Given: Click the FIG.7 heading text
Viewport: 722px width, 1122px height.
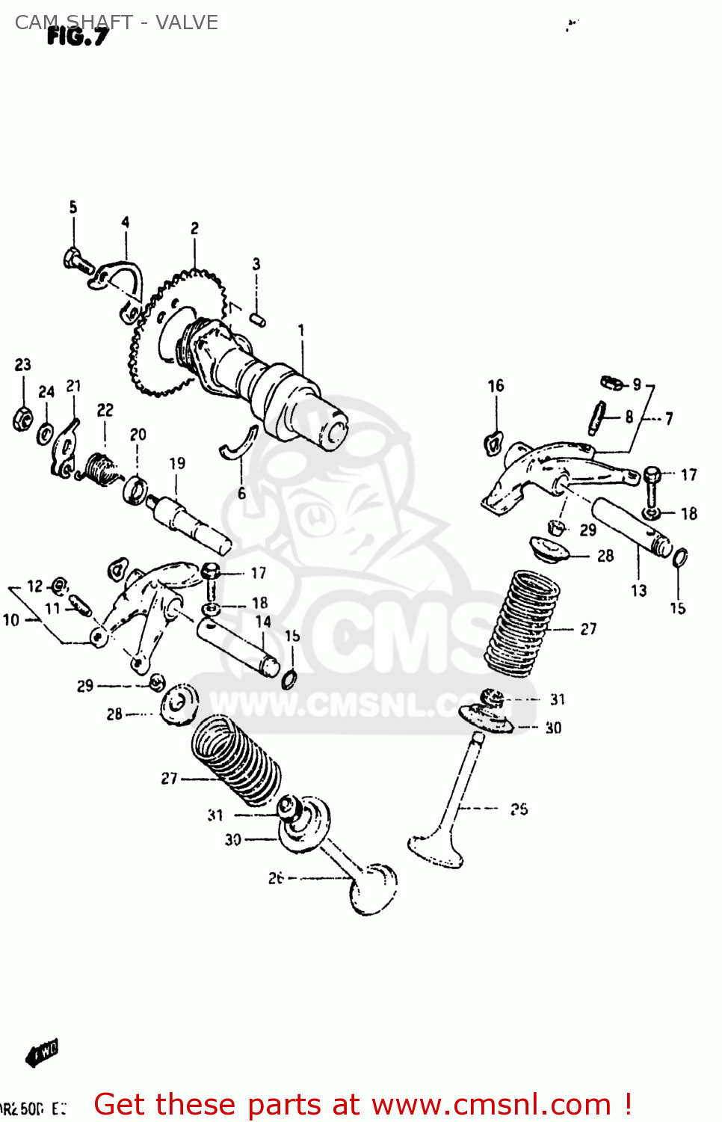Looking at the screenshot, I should click(77, 37).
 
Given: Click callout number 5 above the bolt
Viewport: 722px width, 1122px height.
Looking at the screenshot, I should click(73, 207).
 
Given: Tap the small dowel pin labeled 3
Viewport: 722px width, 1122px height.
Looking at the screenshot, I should click(258, 319).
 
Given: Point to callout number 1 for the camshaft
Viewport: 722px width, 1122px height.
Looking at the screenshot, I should click(301, 330).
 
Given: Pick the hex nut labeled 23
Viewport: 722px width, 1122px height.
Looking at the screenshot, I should click(22, 418).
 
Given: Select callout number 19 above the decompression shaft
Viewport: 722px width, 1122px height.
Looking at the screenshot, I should click(177, 464).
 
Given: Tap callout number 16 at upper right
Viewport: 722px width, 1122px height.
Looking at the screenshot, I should click(496, 386).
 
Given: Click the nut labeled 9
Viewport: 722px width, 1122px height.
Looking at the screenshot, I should click(612, 384).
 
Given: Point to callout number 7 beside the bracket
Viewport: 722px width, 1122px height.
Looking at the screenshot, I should click(669, 418).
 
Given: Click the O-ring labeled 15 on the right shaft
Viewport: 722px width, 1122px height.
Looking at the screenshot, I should click(680, 558).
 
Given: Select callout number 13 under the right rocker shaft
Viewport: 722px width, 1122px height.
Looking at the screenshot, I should click(638, 591).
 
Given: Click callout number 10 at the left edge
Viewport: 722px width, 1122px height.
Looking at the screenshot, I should click(11, 619).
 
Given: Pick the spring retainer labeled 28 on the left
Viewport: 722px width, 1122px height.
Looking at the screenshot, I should click(180, 704).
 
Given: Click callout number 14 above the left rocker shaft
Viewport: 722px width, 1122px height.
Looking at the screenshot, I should click(263, 622).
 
